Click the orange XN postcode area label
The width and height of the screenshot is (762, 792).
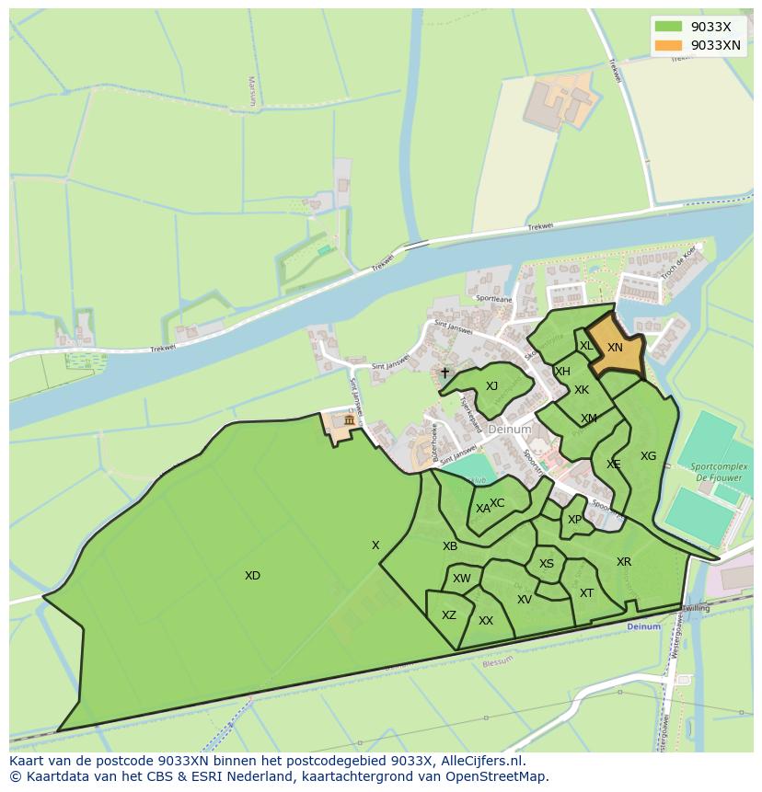[x=615, y=348]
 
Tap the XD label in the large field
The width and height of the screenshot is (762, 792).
[x=252, y=576]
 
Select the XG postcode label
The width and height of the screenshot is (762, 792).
[x=649, y=456]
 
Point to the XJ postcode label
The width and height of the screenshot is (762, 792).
[x=491, y=386]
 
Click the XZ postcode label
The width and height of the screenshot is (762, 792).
[x=449, y=615]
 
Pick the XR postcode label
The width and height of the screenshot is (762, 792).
[x=624, y=562]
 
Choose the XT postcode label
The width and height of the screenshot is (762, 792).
[x=586, y=593]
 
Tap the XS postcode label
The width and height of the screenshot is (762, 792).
[x=547, y=564]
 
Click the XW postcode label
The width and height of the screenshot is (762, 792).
[x=462, y=579]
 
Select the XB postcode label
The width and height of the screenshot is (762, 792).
[x=450, y=546]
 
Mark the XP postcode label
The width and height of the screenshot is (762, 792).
[x=574, y=520]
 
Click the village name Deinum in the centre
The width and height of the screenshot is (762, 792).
[x=510, y=430]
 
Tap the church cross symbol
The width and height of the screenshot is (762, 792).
[x=445, y=373]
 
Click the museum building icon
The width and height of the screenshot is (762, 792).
[x=349, y=420]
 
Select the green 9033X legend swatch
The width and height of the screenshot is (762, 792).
[x=669, y=27]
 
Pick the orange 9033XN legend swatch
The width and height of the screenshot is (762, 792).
[x=669, y=45]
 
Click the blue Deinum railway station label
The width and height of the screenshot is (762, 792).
[x=643, y=626]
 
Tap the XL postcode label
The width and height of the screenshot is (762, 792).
[x=586, y=346]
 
